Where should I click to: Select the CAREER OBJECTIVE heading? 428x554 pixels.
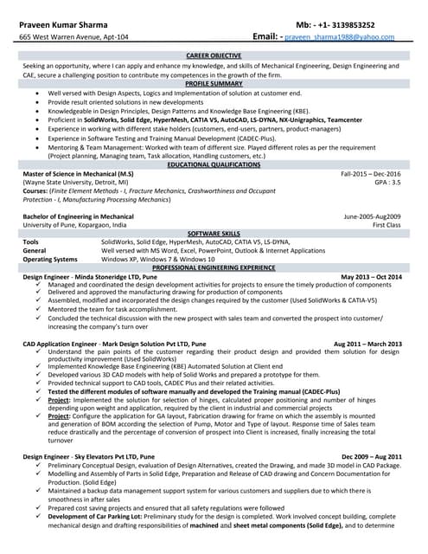pos(214,55)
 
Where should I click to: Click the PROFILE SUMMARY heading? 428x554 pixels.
pos(214,83)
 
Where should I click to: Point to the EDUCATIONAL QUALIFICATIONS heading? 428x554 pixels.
pos(214,164)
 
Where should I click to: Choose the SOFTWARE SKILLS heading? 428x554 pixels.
pos(214,234)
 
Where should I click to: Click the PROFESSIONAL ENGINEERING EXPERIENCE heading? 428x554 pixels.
pos(214,267)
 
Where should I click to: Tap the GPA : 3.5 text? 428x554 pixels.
pos(387,183)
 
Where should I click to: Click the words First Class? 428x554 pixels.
pos(386,224)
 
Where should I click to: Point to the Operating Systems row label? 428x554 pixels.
pos(50,259)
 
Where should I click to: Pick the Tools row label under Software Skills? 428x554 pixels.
pos(30,242)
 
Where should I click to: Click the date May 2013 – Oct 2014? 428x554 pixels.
pos(372,276)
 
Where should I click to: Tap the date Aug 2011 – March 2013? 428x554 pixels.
pos(367,344)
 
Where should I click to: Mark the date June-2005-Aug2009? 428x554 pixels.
pos(373,216)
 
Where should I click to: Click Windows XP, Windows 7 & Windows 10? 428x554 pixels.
pos(158,259)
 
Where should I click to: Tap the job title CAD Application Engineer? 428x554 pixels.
pos(60,344)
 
